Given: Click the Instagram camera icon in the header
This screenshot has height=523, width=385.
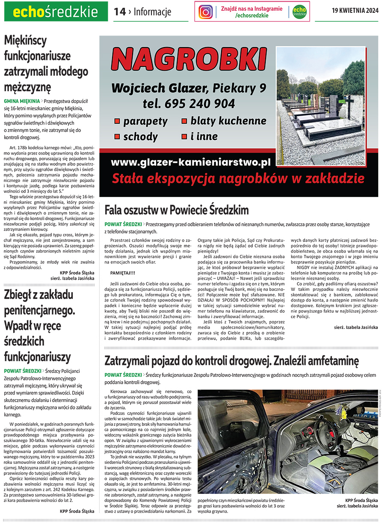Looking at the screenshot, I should pyautogui.click(x=205, y=12).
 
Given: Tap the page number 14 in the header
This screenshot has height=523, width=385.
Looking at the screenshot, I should pyautogui.click(x=120, y=12).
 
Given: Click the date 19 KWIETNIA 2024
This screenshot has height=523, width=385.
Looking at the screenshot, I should pyautogui.click(x=355, y=11).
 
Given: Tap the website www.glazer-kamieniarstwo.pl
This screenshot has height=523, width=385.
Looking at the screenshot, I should pyautogui.click(x=191, y=162).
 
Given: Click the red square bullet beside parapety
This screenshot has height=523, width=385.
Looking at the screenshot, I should pyautogui.click(x=117, y=122).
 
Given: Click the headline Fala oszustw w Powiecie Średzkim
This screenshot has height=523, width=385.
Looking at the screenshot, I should pyautogui.click(x=177, y=210).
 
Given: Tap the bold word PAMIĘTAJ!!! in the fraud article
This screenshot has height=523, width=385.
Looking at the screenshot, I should pyautogui.click(x=122, y=272).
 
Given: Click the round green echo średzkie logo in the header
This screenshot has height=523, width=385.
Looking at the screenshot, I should pyautogui.click(x=299, y=12).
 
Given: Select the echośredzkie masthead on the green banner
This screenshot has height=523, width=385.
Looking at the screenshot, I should pyautogui.click(x=56, y=12).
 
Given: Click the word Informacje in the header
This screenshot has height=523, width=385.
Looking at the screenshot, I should pyautogui.click(x=152, y=12).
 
